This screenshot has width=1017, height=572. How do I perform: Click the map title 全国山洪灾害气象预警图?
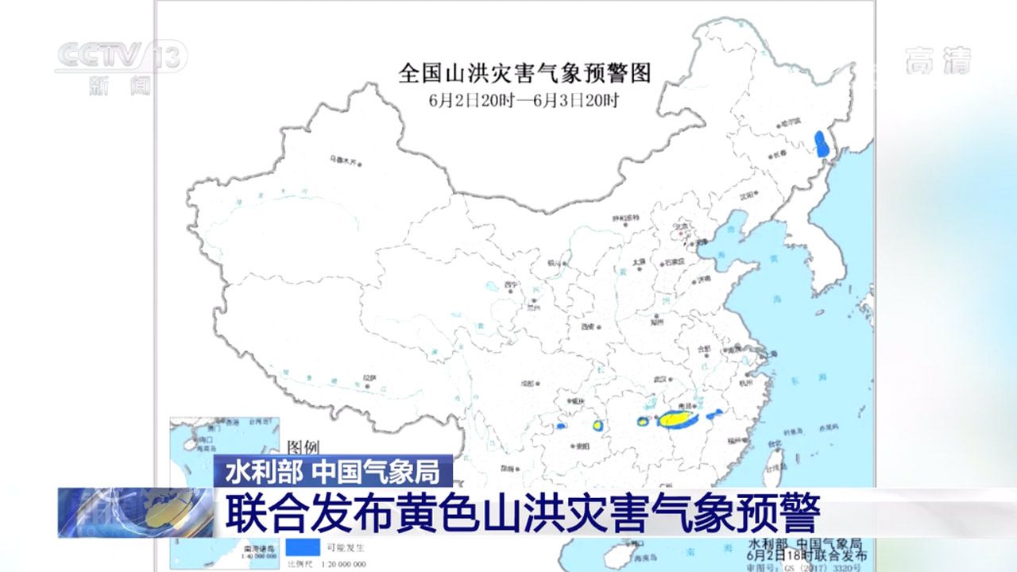(x=524, y=74)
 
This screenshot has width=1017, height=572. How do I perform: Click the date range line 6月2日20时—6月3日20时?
(x=524, y=100)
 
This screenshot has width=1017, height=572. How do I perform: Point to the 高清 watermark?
(x=938, y=60)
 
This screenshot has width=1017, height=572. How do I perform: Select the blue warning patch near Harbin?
(x=822, y=145)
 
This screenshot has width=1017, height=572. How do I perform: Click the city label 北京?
(x=679, y=226)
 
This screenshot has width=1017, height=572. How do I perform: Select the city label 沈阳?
(x=744, y=195)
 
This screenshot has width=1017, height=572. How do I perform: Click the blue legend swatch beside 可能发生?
(x=300, y=547)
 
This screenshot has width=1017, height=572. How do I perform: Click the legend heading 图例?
(x=303, y=447)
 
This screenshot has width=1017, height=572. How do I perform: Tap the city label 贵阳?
(x=582, y=446)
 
